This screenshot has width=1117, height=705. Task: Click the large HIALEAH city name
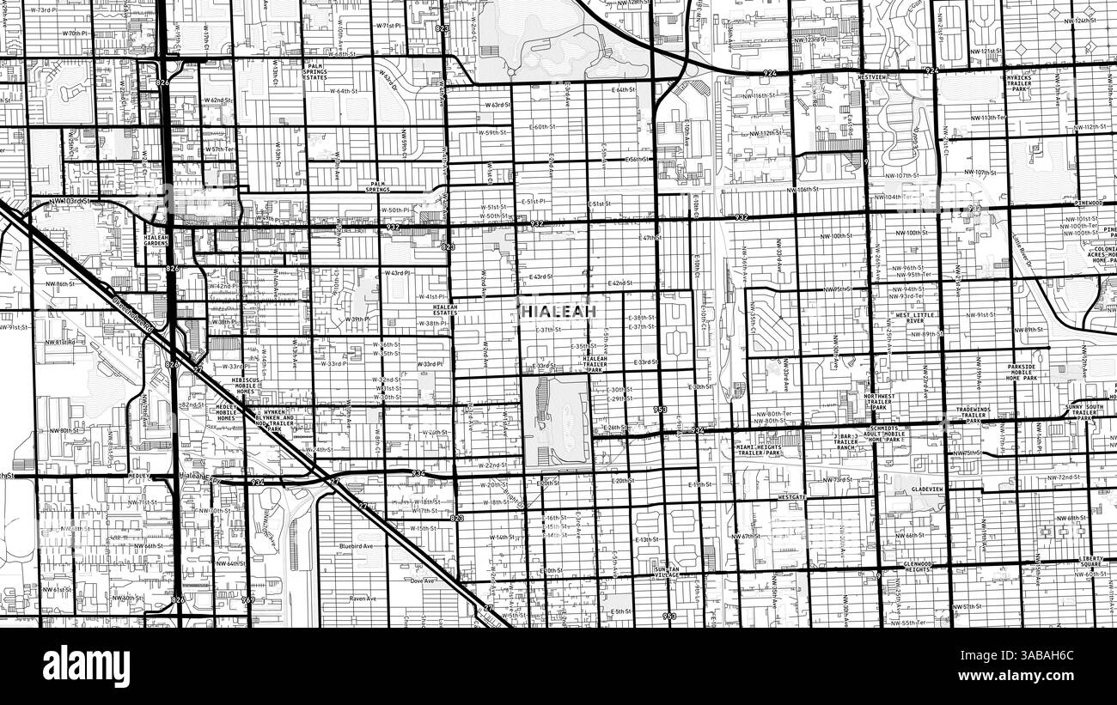tap(557, 310)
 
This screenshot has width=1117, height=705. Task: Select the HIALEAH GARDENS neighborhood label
tap(156, 240)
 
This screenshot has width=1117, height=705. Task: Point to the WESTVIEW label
tap(873, 77)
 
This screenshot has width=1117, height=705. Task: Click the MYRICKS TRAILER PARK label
tap(1019, 83)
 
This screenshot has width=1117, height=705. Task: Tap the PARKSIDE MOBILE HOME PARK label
tap(1022, 372)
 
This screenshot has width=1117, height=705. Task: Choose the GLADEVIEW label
tap(927, 489)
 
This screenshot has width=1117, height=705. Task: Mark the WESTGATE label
tap(791, 496)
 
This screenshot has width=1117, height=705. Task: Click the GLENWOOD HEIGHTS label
tap(918, 566)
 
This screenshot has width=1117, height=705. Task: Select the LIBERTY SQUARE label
tap(1091, 562)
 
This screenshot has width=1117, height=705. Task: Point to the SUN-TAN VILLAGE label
tap(666, 573)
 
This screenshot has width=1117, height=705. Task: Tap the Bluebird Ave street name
tap(356, 545)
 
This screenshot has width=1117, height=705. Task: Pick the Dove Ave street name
tap(423, 580)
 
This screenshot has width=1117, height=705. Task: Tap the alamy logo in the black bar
tap(86, 665)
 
